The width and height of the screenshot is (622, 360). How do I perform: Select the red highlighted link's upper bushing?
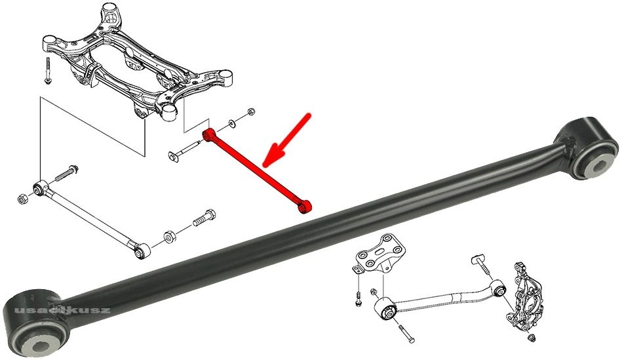point(208,135)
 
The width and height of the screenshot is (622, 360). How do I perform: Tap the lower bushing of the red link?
point(305,207)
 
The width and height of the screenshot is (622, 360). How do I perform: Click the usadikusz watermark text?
point(62,310)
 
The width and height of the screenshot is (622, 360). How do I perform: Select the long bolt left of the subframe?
point(49,70)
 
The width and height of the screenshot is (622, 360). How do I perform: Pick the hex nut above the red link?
point(251,111)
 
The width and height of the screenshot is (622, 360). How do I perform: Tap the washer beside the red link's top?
point(231,125)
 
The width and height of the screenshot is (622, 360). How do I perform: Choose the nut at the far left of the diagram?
point(23,198)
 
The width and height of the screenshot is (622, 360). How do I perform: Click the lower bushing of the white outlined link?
point(142,251)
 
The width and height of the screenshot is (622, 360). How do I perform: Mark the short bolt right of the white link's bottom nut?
point(204,218)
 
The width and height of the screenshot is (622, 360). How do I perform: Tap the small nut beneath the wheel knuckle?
point(533,338)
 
